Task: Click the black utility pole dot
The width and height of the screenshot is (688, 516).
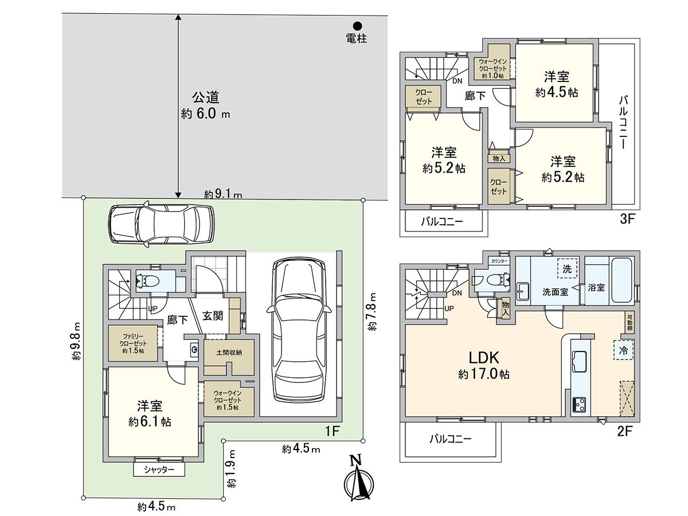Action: pos(357,26)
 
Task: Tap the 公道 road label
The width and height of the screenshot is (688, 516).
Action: pos(206,97)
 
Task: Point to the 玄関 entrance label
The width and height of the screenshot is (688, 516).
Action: pos(213,316)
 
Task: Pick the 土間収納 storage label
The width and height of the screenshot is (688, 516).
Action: pos(229,353)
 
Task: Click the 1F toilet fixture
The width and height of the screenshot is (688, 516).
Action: pos(148,280)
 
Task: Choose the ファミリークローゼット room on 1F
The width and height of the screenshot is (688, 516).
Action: pos(133,343)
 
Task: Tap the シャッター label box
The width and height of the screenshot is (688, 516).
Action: pos(159,470)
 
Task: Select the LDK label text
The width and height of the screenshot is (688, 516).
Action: pos(484,357)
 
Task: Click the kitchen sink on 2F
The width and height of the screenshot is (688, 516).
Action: pos(581,361)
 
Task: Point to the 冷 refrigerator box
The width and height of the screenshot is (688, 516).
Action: pos(624,350)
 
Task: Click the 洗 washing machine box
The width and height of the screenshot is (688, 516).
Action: pos(567,268)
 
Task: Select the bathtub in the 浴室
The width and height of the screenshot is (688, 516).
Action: pos(621,280)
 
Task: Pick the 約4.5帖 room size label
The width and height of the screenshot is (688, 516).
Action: pos(557,92)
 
